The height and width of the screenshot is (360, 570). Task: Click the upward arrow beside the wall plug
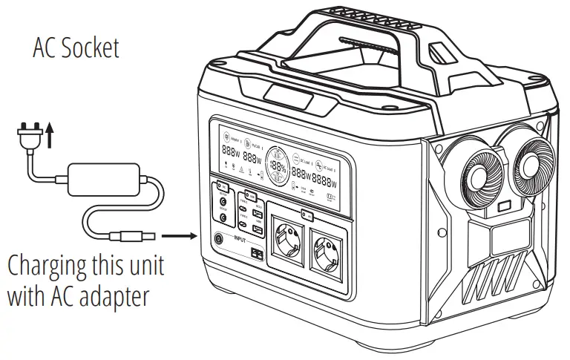tap(50, 137)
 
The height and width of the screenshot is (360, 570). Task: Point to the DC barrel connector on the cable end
tap(133, 238)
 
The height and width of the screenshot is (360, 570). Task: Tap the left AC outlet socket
tap(286, 238)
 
